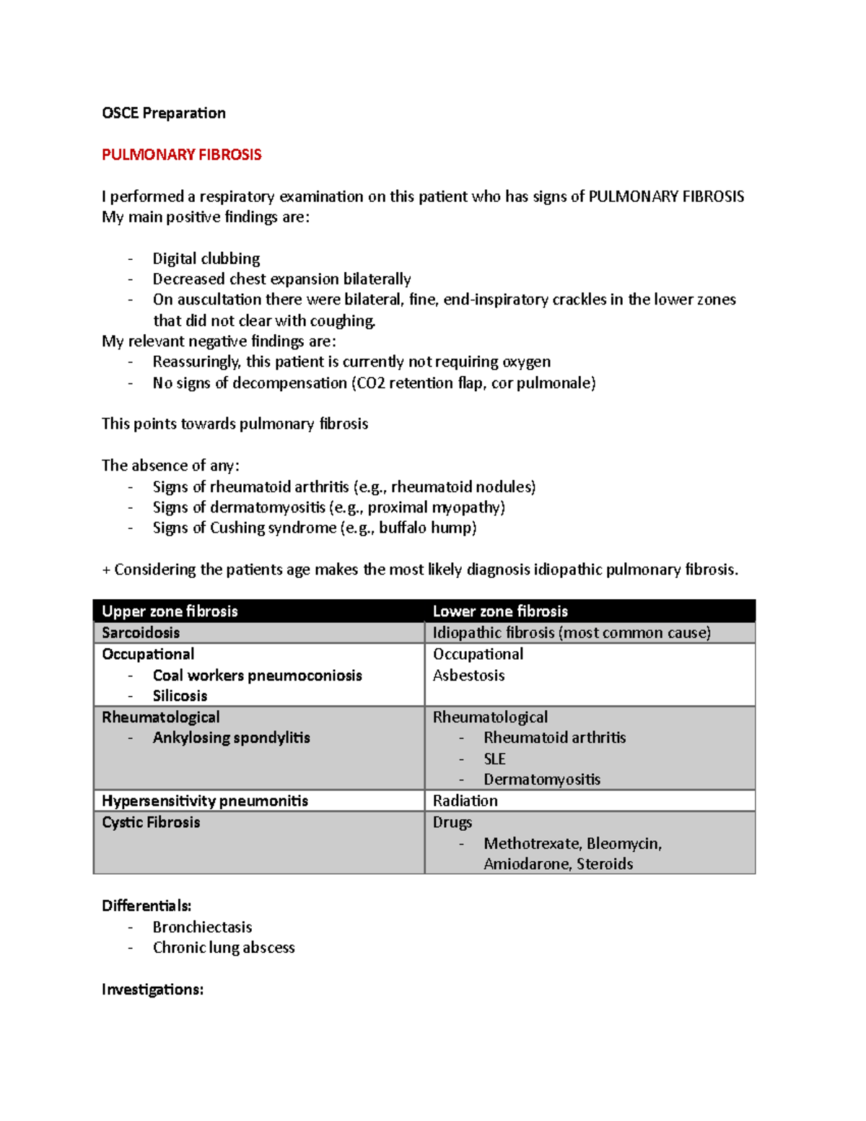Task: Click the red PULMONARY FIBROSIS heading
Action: (181, 154)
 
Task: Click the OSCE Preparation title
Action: (164, 113)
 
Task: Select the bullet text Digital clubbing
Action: (206, 258)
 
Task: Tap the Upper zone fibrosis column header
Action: (170, 611)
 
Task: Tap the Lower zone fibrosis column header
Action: (500, 611)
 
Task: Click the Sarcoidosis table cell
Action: (141, 633)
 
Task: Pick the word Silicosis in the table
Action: (180, 696)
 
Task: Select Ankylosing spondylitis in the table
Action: (231, 738)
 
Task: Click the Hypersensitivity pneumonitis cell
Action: (205, 801)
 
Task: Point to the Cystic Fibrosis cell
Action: (151, 822)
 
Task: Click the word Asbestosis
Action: (468, 676)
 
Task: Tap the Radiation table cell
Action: (465, 801)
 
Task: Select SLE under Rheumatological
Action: (494, 759)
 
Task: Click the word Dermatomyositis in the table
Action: (542, 780)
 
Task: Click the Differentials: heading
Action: (146, 906)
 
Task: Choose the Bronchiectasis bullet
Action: (202, 927)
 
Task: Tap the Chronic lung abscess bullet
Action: (224, 948)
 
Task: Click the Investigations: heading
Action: (152, 990)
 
